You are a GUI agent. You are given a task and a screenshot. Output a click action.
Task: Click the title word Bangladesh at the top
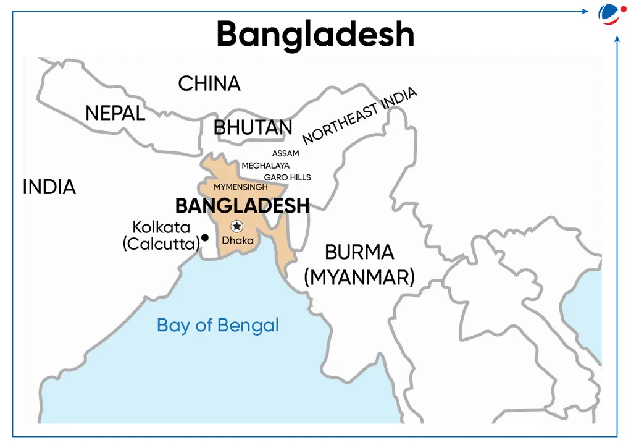[315, 34]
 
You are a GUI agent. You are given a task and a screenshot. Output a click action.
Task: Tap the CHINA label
[209, 83]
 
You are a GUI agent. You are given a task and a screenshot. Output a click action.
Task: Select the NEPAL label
[115, 113]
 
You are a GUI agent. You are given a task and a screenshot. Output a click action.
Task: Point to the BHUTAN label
[253, 128]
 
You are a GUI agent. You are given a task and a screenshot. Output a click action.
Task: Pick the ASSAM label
[285, 153]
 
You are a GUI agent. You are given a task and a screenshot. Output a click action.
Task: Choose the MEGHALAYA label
[265, 166]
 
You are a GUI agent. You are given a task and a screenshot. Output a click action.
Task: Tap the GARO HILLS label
[287, 177]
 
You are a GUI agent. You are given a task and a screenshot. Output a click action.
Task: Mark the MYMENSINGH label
[241, 187]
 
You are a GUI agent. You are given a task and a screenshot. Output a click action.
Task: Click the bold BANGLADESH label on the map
[242, 206]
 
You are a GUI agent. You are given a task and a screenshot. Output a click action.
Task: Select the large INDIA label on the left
[49, 187]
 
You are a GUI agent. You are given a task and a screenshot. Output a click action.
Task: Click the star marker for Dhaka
[236, 227]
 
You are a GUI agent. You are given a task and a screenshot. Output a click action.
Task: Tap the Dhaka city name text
[238, 240]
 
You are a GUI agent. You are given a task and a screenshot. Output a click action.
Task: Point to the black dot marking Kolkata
[205, 237]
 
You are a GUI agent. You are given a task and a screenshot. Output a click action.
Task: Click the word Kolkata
[161, 227]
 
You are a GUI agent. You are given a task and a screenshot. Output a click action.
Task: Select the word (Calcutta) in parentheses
[161, 244]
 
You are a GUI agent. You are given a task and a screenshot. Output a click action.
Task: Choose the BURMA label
[359, 252]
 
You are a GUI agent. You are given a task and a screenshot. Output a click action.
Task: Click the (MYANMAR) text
[359, 277]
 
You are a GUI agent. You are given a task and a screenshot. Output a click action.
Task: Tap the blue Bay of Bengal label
[217, 325]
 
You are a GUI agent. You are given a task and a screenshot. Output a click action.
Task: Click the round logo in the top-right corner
[610, 14]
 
